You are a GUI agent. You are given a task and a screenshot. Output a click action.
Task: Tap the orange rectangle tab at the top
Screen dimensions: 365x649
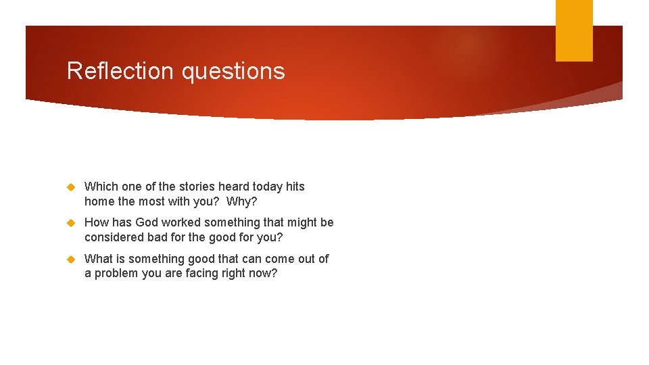click(x=574, y=30)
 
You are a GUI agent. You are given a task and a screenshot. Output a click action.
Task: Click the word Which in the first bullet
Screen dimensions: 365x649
click(x=101, y=187)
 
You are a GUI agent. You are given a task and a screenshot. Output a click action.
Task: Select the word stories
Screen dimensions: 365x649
click(x=196, y=187)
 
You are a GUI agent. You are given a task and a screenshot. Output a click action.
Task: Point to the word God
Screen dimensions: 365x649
click(x=147, y=222)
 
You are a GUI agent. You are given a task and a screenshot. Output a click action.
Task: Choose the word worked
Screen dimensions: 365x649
click(x=181, y=222)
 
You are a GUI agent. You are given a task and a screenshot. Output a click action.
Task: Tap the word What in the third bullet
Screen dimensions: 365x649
click(x=99, y=259)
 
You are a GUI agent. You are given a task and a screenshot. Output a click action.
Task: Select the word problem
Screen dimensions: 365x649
click(x=117, y=274)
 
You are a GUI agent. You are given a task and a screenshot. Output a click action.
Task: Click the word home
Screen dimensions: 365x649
click(x=99, y=201)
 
